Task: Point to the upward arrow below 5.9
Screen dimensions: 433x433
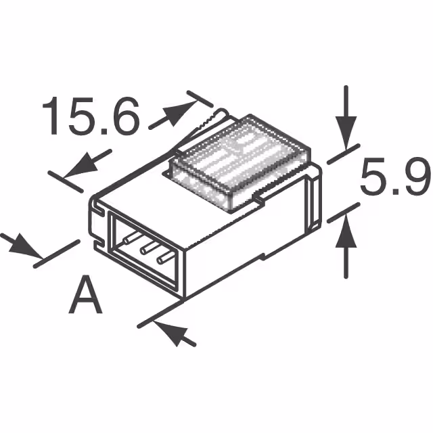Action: [346, 244]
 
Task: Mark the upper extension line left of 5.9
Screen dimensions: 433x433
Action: [342, 156]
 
